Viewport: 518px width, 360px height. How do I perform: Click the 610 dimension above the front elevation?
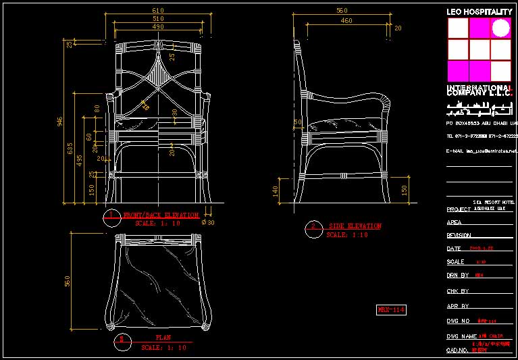pyautogui.click(x=158, y=11)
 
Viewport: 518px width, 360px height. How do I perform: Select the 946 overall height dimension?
pyautogui.click(x=59, y=122)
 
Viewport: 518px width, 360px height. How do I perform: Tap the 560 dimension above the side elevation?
pyautogui.click(x=342, y=11)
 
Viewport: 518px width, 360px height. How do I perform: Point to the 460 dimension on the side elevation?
pyautogui.click(x=346, y=21)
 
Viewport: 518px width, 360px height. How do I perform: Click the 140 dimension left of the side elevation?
pyautogui.click(x=276, y=191)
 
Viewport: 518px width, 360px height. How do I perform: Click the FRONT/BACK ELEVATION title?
pyautogui.click(x=161, y=215)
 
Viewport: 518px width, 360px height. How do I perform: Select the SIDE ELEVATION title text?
pyautogui.click(x=355, y=226)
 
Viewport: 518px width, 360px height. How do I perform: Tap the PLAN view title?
pyautogui.click(x=163, y=338)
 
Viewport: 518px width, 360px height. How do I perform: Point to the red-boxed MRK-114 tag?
pyautogui.click(x=391, y=310)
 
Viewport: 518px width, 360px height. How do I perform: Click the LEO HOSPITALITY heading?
pyautogui.click(x=479, y=12)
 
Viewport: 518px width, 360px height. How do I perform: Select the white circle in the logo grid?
pyautogui.click(x=501, y=28)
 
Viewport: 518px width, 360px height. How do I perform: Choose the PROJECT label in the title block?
pyautogui.click(x=458, y=209)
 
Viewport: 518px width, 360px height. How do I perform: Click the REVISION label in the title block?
pyautogui.click(x=459, y=236)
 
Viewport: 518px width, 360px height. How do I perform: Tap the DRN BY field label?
pyautogui.click(x=457, y=276)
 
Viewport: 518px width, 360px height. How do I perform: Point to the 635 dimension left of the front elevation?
pyautogui.click(x=70, y=149)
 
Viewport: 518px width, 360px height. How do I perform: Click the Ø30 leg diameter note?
pyautogui.click(x=209, y=222)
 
